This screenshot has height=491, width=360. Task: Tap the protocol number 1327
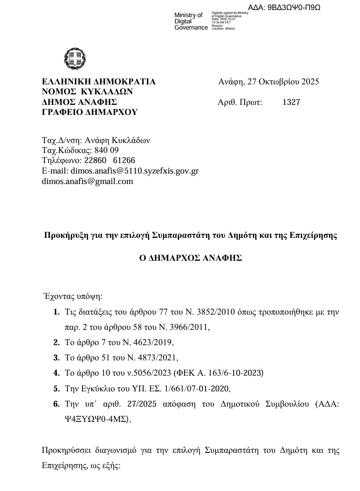click(291, 102)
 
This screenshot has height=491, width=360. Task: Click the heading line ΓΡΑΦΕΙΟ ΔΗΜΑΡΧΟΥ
click(90, 112)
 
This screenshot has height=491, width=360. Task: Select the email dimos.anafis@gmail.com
click(87, 181)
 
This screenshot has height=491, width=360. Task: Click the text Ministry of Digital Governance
click(191, 21)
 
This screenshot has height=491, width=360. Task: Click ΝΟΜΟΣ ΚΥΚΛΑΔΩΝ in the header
click(87, 92)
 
